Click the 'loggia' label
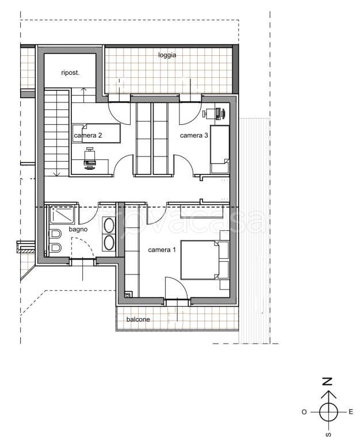click(167, 55)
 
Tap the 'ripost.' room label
click(70, 73)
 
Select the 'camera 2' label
click(87, 135)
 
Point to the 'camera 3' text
click(194, 135)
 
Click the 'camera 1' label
click(162, 250)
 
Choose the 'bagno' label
click(78, 229)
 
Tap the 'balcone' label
click(138, 319)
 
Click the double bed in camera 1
click(200, 260)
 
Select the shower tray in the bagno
click(62, 215)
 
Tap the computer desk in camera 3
click(215, 113)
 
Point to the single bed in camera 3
click(220, 150)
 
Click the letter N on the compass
click(327, 382)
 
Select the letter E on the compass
click(351, 412)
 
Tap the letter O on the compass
click(304, 412)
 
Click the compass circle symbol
click(328, 412)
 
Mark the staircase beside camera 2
click(56, 133)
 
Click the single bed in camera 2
click(97, 133)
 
